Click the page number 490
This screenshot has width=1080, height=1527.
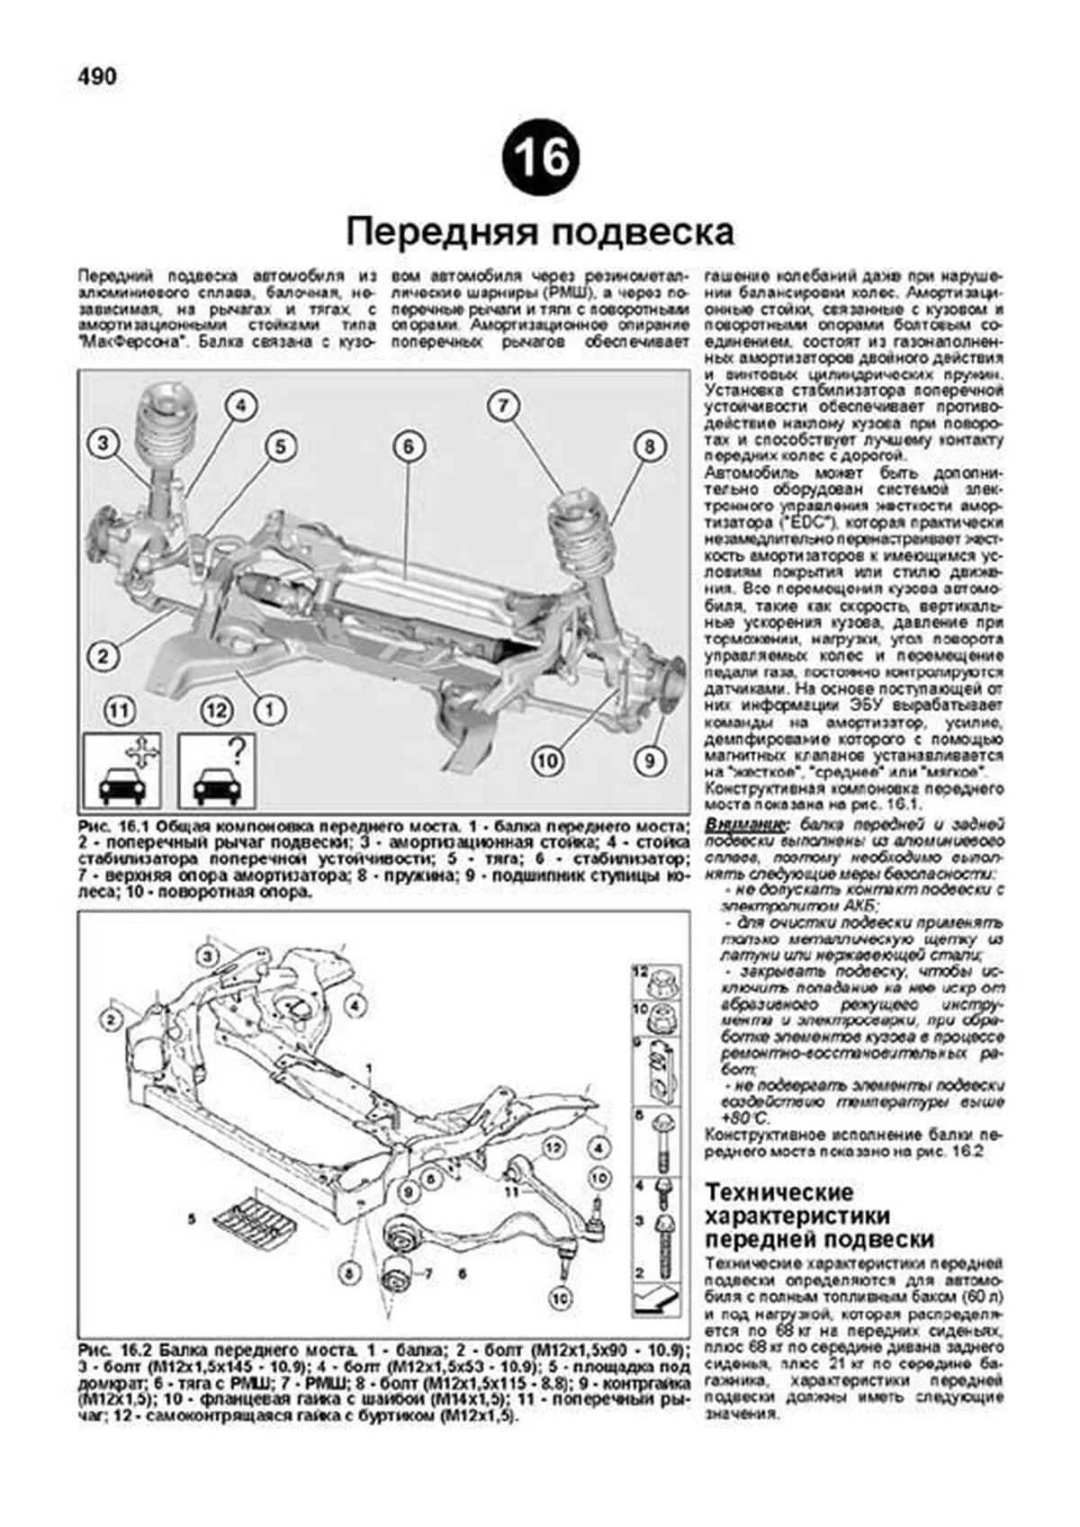[x=96, y=77]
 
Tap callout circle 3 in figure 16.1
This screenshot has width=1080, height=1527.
[x=103, y=443]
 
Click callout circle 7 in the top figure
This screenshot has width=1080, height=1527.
[x=503, y=406]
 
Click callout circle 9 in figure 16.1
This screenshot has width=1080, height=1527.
[x=648, y=760]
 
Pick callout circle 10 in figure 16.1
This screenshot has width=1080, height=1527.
[x=547, y=761]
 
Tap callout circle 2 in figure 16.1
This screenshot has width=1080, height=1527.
[x=103, y=655]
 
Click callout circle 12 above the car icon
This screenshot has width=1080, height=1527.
[x=216, y=711]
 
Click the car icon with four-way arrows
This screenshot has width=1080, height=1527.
[x=121, y=771]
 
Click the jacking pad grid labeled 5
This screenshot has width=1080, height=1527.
[x=255, y=1222]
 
